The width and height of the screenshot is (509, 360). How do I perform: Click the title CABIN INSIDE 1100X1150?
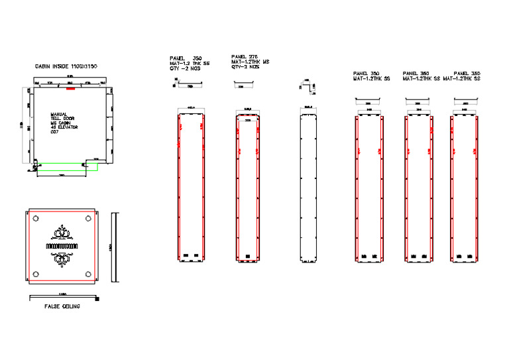point(66,67)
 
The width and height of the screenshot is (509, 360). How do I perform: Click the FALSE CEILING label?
point(62,306)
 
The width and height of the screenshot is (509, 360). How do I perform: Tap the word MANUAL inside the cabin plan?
point(60,114)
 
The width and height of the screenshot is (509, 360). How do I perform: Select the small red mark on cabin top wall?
point(70,88)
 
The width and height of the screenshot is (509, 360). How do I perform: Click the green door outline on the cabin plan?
point(66,166)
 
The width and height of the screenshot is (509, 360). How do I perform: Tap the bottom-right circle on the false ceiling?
point(89,274)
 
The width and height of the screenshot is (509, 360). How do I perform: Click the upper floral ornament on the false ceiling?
point(62,233)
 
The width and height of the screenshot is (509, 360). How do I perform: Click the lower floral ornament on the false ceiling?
point(62,259)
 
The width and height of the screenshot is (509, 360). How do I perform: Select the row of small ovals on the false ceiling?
point(62,246)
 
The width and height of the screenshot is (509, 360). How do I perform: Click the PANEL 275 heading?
point(244,58)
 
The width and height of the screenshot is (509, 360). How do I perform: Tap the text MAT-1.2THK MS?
point(250,62)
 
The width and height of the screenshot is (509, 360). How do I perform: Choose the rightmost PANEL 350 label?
point(467,74)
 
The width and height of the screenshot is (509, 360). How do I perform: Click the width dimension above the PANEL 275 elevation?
point(249,109)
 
